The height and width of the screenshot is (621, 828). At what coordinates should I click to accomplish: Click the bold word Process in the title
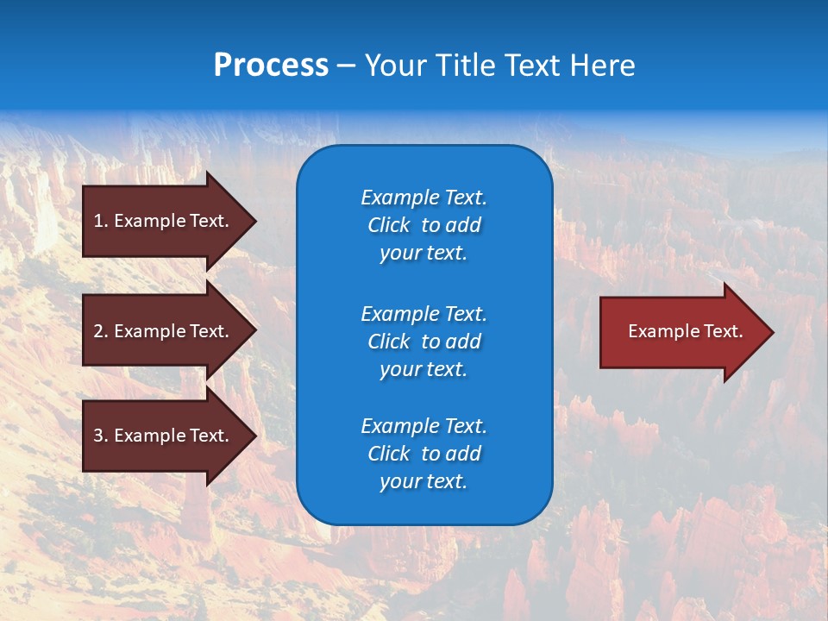click(x=271, y=66)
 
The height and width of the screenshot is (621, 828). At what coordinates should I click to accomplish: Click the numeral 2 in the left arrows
click(x=98, y=331)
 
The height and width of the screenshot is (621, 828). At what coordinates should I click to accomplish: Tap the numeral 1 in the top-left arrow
click(x=98, y=221)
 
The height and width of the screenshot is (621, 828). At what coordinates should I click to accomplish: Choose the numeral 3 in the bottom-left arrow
click(x=98, y=436)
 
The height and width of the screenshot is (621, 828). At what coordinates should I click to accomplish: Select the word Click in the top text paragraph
click(x=388, y=225)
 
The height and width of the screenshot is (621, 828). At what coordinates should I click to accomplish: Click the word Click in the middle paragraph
click(x=388, y=342)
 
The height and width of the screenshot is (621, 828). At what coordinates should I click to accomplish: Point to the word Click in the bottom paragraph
click(x=388, y=454)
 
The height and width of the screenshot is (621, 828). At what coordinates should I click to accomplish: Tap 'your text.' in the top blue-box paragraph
click(x=423, y=253)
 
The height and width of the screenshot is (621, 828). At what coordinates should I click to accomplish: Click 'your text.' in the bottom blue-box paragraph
click(x=423, y=481)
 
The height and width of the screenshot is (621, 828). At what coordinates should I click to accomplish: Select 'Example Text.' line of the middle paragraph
click(x=423, y=313)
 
